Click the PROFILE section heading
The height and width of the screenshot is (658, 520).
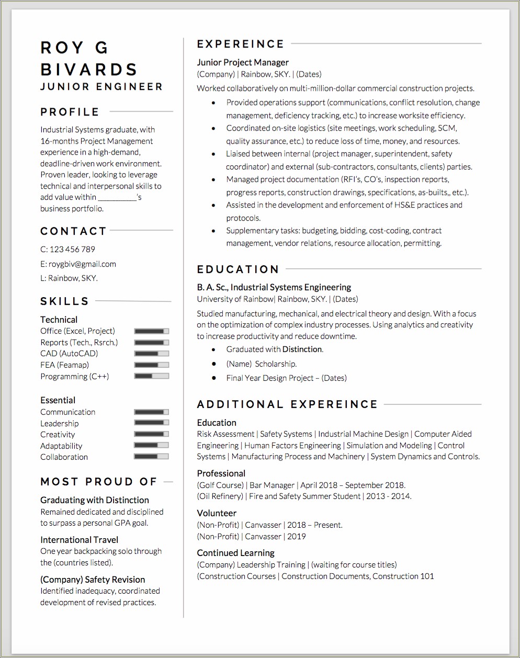[x=70, y=112]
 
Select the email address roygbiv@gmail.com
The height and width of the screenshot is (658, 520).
[x=82, y=264]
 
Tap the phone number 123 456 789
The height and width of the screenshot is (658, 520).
[x=72, y=249]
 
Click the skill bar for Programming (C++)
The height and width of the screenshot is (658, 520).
[x=152, y=376]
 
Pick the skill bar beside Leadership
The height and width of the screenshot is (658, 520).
[x=152, y=423]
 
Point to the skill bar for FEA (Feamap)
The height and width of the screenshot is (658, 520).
[x=152, y=365]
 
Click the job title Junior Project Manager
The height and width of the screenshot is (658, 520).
[x=243, y=62]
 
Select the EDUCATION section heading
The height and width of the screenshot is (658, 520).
[x=238, y=269]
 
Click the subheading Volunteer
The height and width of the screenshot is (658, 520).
[x=217, y=513]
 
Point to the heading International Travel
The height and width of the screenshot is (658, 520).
[x=79, y=540]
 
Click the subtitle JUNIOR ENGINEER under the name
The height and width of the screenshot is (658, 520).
[x=101, y=87]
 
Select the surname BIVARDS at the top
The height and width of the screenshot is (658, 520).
[x=89, y=70]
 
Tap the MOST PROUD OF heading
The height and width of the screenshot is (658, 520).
[x=99, y=482]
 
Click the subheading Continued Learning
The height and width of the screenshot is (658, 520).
[x=235, y=553]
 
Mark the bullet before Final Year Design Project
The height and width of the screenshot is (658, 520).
[x=213, y=378]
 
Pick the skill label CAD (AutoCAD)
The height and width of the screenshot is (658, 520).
[x=69, y=354]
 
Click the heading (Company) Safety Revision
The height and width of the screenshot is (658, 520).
[x=93, y=580]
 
